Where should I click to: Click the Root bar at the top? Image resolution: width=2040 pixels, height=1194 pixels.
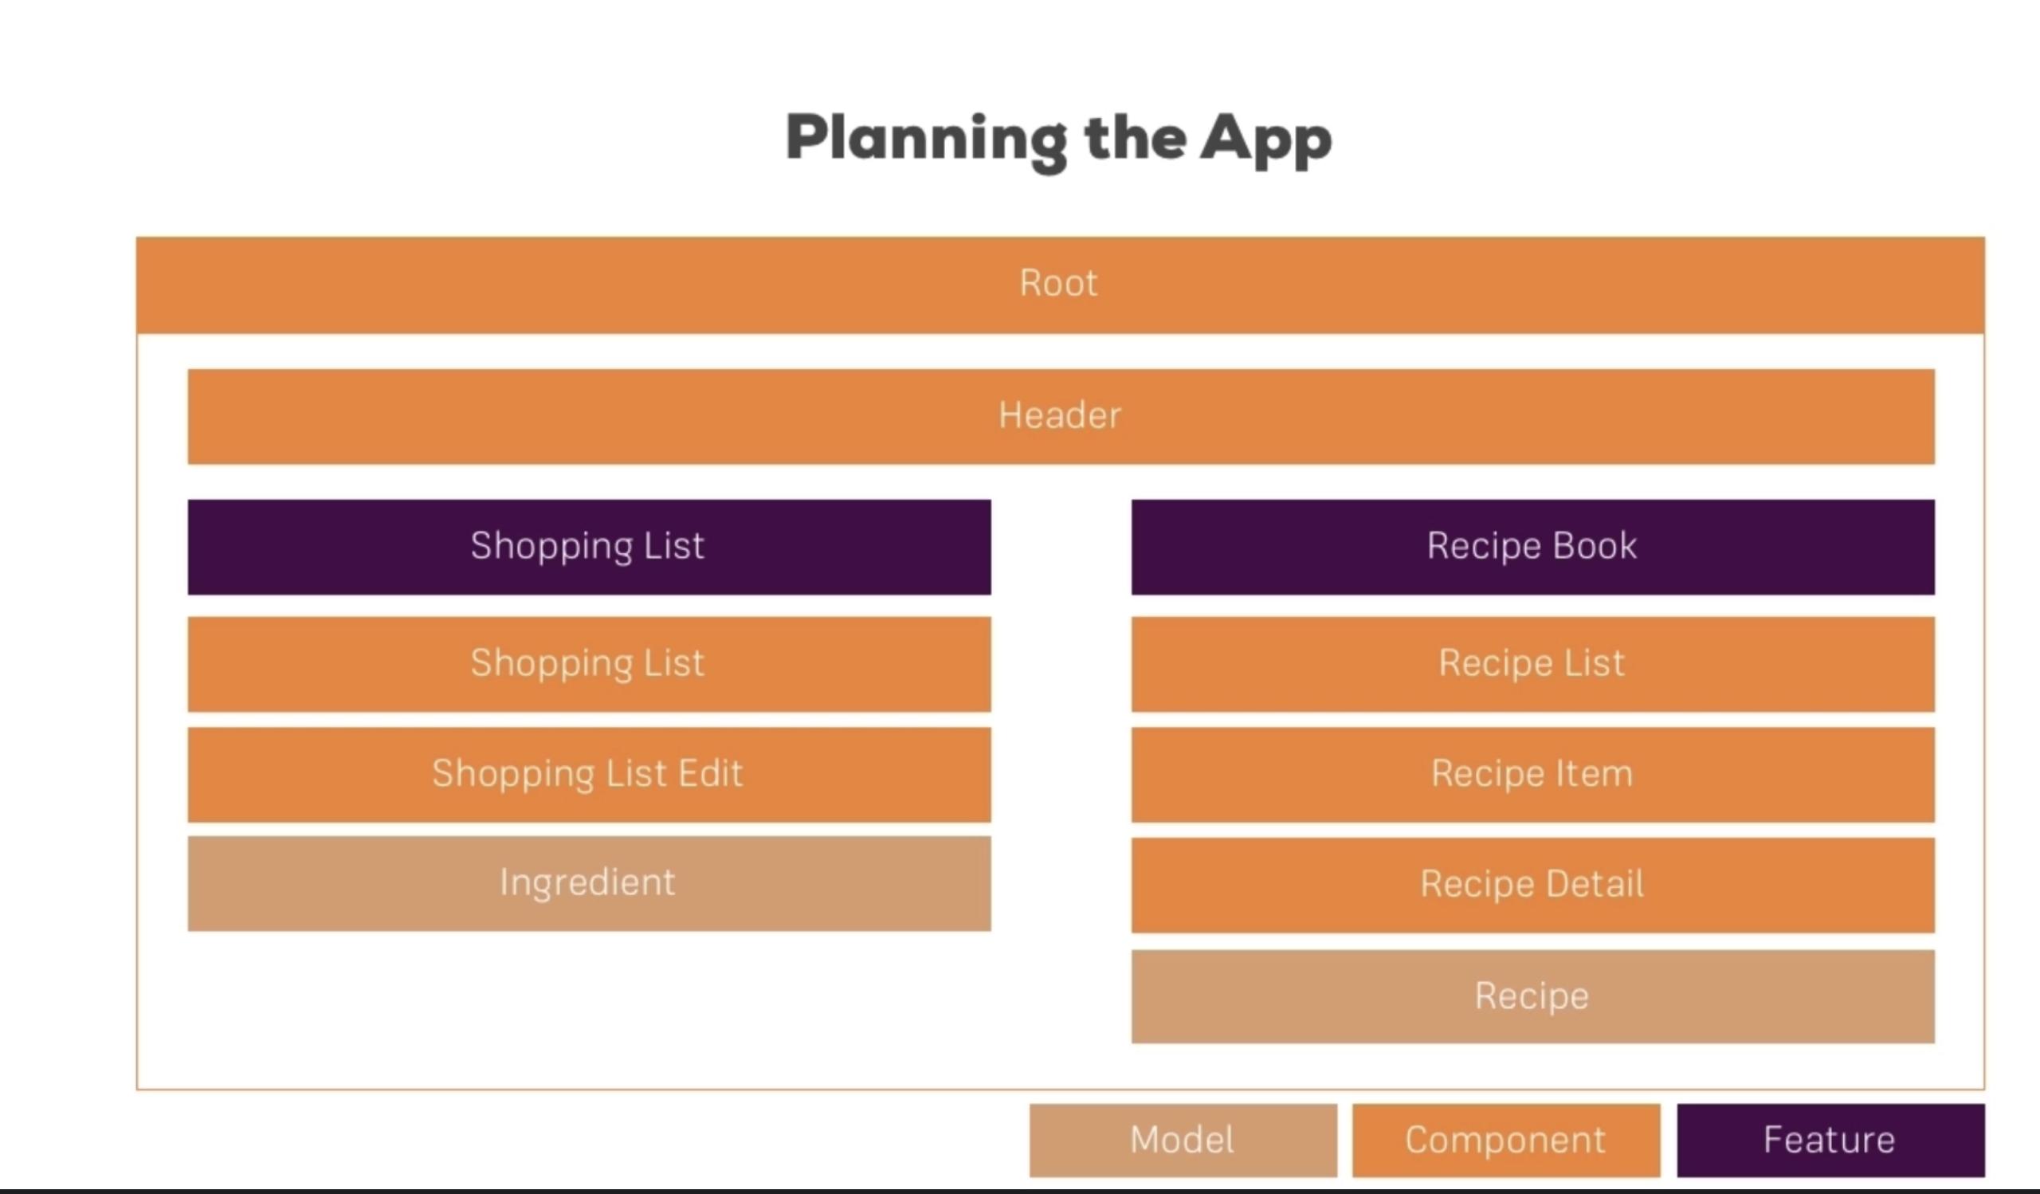1060,285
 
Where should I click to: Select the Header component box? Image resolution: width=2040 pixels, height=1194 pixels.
1061,416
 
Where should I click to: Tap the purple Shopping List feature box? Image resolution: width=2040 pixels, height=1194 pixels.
589,547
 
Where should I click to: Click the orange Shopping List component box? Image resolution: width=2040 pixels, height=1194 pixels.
589,664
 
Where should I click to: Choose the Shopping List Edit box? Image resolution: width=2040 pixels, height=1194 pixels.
589,774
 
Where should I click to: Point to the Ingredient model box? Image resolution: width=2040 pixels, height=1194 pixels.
589,883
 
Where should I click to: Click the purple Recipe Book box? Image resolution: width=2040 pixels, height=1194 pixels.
1532,547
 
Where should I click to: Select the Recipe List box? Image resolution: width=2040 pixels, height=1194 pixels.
1532,664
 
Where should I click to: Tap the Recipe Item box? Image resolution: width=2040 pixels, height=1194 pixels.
1532,774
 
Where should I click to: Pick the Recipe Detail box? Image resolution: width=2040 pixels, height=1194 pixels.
1532,885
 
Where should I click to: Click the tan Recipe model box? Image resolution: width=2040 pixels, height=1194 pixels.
1532,996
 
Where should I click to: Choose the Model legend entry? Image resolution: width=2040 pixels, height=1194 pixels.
1183,1140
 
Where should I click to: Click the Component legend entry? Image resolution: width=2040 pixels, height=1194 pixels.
1506,1140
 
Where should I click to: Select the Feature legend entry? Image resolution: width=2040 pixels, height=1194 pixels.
1830,1140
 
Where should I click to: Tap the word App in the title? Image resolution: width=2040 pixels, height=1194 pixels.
1266,142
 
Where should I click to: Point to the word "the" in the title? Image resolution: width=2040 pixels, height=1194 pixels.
1135,138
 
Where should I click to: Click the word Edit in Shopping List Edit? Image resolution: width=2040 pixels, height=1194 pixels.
710,773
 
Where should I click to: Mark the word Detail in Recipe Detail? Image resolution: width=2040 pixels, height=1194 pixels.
1593,883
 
